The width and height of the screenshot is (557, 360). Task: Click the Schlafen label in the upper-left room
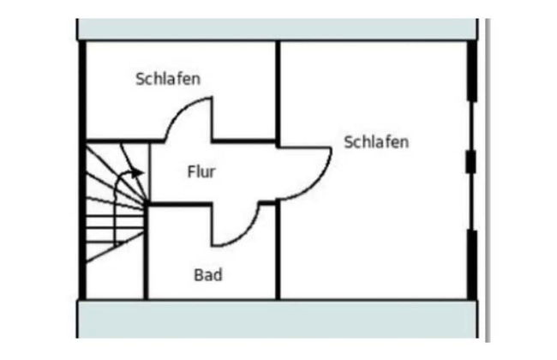click(x=168, y=80)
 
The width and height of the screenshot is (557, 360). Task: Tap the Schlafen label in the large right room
click(x=376, y=141)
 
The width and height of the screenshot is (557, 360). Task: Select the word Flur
click(x=201, y=172)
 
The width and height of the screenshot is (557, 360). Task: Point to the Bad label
click(x=207, y=275)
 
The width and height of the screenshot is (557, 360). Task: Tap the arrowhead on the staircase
click(x=138, y=173)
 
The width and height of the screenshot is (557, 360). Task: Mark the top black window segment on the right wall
click(x=471, y=76)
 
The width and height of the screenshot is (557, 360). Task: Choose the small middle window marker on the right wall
click(x=470, y=161)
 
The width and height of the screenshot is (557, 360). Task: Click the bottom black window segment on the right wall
click(x=471, y=261)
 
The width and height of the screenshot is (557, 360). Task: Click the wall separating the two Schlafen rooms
click(x=278, y=90)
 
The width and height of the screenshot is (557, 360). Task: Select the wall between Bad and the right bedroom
click(x=278, y=253)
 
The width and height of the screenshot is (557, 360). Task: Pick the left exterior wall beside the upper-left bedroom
click(x=82, y=90)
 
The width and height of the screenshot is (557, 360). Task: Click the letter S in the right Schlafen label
click(x=349, y=141)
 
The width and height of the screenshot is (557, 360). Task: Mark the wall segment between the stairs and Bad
click(x=147, y=253)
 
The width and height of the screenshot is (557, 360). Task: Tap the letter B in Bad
click(x=198, y=275)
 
